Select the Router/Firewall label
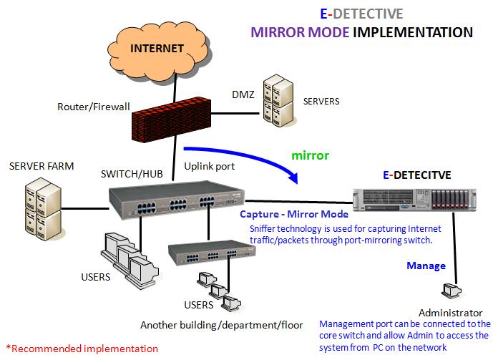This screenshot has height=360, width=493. [94, 107]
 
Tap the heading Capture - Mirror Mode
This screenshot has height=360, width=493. [294, 215]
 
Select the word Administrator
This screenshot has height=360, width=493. [450, 313]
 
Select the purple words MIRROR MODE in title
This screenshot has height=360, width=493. [306, 32]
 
